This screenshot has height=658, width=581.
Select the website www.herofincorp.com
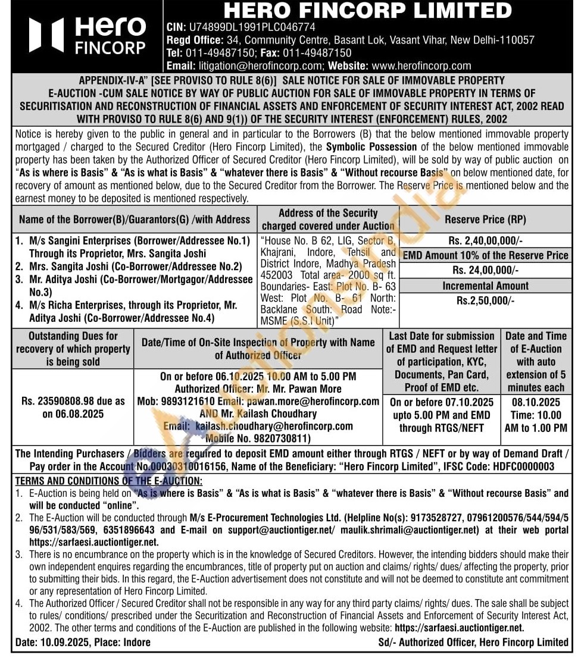point(421,66)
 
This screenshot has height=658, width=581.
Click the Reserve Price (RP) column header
point(485,220)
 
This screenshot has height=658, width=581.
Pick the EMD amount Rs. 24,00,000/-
point(485,270)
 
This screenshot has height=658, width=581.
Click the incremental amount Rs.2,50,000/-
point(485,300)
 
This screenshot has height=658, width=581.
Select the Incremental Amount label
point(485,286)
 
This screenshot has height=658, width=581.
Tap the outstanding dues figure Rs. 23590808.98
point(65,401)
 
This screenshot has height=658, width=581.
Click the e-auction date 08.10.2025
point(536,402)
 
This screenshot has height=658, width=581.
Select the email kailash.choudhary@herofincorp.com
point(274,427)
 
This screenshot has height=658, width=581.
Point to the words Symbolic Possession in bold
point(371,146)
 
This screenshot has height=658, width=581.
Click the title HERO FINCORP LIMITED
point(367,11)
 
